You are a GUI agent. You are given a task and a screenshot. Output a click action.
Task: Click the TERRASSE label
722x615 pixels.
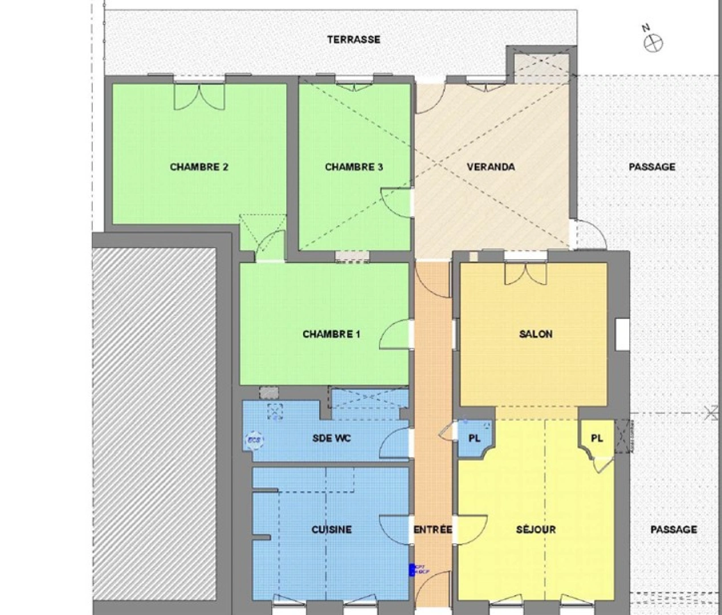[353, 40]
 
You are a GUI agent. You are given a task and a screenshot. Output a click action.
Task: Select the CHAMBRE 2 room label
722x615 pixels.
[199, 167]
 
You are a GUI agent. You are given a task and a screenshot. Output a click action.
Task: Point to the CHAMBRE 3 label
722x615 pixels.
[353, 167]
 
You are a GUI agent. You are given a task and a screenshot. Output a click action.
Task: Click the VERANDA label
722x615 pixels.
[491, 167]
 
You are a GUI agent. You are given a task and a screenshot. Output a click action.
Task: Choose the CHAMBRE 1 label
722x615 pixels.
[331, 334]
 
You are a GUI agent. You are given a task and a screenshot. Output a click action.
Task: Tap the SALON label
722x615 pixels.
[536, 334]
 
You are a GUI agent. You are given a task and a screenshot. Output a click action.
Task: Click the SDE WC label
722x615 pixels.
[331, 438]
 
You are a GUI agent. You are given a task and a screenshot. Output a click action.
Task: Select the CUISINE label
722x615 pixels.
[331, 530]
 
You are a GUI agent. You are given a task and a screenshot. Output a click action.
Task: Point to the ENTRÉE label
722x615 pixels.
[433, 530]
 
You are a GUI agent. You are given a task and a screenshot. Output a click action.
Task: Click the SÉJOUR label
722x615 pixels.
[536, 530]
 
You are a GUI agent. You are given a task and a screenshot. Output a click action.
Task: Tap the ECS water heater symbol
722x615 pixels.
[254, 440]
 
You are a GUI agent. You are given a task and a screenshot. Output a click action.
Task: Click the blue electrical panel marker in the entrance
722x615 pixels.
[411, 569]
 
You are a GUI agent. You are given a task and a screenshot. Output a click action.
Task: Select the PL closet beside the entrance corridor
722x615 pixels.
[474, 438]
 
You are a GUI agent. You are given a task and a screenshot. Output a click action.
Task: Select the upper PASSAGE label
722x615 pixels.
[652, 167]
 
